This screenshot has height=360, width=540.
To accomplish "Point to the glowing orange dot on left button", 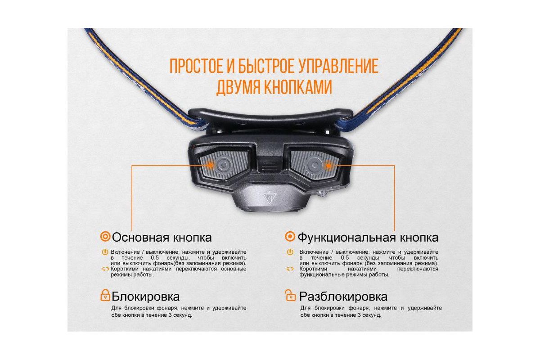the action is pyautogui.click(x=210, y=165).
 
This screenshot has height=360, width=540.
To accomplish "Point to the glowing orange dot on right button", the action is pyautogui.click(x=328, y=166).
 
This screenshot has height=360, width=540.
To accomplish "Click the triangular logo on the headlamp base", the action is pyautogui.click(x=269, y=197).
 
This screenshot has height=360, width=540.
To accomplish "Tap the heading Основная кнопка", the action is pyautogui.click(x=162, y=238).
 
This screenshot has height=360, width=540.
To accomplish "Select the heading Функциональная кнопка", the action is pyautogui.click(x=368, y=238).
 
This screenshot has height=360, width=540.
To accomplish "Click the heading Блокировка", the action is pyautogui.click(x=146, y=297).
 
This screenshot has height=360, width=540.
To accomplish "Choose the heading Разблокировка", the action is pyautogui.click(x=343, y=297).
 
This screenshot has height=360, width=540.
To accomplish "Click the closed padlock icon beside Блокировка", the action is pyautogui.click(x=105, y=295).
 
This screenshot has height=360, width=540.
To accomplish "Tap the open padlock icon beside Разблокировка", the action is pyautogui.click(x=290, y=295).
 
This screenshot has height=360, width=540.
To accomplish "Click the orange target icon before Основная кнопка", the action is pyautogui.click(x=105, y=237).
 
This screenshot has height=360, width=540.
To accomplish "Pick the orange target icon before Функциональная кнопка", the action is pyautogui.click(x=290, y=237).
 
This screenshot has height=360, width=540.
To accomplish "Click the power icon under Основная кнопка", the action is pyautogui.click(x=105, y=252).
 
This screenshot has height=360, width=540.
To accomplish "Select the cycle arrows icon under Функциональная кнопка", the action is pyautogui.click(x=290, y=269).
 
